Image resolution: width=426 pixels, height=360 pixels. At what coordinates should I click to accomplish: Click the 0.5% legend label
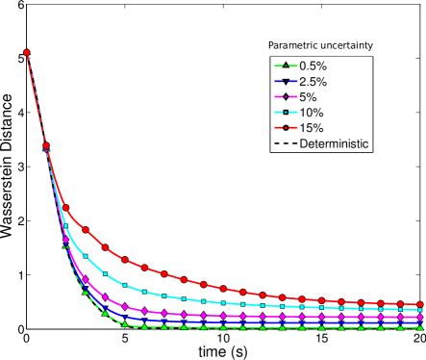[x=313, y=65]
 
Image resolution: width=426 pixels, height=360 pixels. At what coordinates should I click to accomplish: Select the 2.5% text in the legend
[x=313, y=82]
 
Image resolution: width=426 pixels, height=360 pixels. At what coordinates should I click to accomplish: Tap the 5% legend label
[x=308, y=97]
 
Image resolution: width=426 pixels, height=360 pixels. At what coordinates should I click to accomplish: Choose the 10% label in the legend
[x=311, y=113]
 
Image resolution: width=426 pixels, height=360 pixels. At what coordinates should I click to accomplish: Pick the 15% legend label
[x=311, y=128]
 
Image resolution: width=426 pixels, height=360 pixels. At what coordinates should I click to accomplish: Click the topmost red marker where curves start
[x=27, y=53]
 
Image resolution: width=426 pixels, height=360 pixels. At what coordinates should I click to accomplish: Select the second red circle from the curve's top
[x=46, y=145]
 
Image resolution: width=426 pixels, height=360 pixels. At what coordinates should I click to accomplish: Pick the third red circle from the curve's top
[x=66, y=208]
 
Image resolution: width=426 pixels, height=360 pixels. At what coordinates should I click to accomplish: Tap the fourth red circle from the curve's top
[x=86, y=230]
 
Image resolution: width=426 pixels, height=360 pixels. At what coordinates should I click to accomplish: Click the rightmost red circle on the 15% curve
[x=421, y=304]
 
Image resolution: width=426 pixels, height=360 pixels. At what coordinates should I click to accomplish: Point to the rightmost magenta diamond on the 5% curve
[x=421, y=317]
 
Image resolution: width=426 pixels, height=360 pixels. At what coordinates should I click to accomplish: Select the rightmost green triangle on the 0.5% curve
[x=421, y=327]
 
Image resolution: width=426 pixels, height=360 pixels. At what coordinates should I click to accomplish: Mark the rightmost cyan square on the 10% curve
[x=421, y=310]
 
